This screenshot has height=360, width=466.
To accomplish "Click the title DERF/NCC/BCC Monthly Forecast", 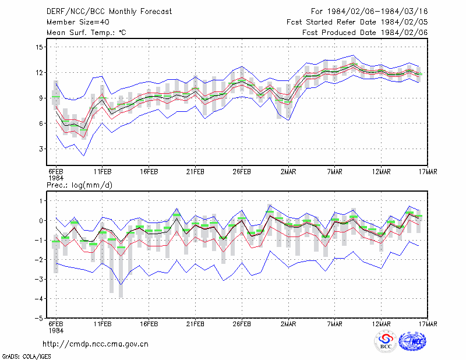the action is click(x=109, y=12).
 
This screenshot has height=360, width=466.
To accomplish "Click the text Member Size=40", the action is click(x=78, y=22).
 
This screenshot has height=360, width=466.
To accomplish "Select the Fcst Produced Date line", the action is click(x=365, y=33).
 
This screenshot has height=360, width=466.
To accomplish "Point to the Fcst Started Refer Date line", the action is click(x=357, y=22).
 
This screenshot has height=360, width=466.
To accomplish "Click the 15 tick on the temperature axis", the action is click(x=38, y=47).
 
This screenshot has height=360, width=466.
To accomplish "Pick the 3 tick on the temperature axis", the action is click(x=41, y=149).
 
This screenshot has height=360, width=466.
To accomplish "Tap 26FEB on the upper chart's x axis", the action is click(x=242, y=172).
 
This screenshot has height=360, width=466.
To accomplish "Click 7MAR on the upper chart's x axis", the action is click(x=334, y=172).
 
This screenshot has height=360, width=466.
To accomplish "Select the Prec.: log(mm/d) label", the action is click(x=79, y=185).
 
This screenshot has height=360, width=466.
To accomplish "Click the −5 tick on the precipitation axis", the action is click(x=38, y=318).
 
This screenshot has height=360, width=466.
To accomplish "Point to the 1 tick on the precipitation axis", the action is click(x=41, y=201).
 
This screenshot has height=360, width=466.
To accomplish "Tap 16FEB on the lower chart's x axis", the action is click(x=149, y=324).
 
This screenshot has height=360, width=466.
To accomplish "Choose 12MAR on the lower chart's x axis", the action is click(x=382, y=324).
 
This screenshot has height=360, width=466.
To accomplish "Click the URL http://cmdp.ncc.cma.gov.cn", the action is click(x=96, y=344).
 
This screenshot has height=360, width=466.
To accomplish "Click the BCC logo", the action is click(x=386, y=341).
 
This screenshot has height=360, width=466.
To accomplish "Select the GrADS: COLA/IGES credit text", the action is click(x=26, y=357).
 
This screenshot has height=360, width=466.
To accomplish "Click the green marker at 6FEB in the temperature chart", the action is click(x=56, y=97).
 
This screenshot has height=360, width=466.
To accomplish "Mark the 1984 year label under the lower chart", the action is click(x=56, y=330).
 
